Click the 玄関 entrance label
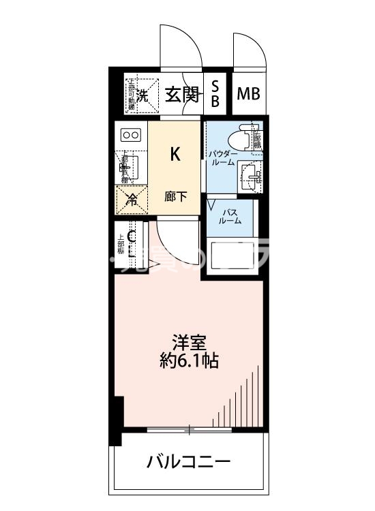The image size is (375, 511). (182, 95)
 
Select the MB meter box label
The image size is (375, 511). (248, 94)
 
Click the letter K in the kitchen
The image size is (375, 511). (175, 154)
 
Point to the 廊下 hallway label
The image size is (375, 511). (175, 197)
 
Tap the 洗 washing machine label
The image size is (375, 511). (141, 95)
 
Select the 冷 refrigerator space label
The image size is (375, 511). (131, 200)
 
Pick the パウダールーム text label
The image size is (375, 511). (223, 158)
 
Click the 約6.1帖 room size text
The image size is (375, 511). (186, 361)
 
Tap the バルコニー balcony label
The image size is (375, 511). (189, 463)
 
